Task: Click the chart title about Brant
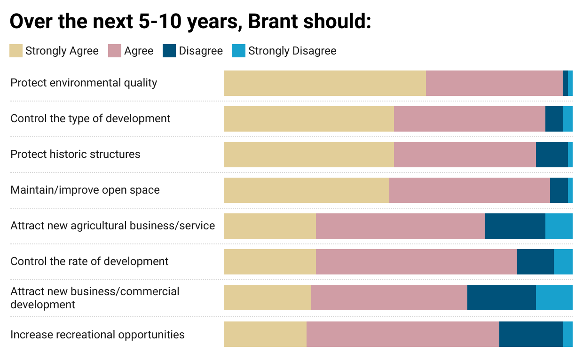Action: click(190, 22)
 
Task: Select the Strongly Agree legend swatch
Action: click(16, 51)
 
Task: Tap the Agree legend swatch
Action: click(115, 51)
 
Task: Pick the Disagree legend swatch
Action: click(169, 51)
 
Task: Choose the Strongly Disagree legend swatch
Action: click(239, 51)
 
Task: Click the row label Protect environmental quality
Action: click(84, 83)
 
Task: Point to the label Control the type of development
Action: click(90, 118)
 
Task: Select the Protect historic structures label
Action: click(75, 154)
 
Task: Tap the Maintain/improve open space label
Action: click(85, 190)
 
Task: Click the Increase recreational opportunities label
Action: click(97, 335)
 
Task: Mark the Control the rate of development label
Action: click(89, 261)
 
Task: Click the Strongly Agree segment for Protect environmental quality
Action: click(325, 83)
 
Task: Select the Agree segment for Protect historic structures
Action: click(465, 155)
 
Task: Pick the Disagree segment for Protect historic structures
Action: click(552, 155)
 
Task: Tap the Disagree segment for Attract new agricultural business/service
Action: click(515, 226)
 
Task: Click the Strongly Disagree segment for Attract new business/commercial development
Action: click(554, 297)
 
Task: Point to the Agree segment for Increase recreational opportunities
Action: click(403, 334)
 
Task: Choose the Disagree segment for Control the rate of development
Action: click(536, 262)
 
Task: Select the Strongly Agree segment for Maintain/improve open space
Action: click(307, 190)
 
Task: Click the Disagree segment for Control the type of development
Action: click(554, 119)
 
